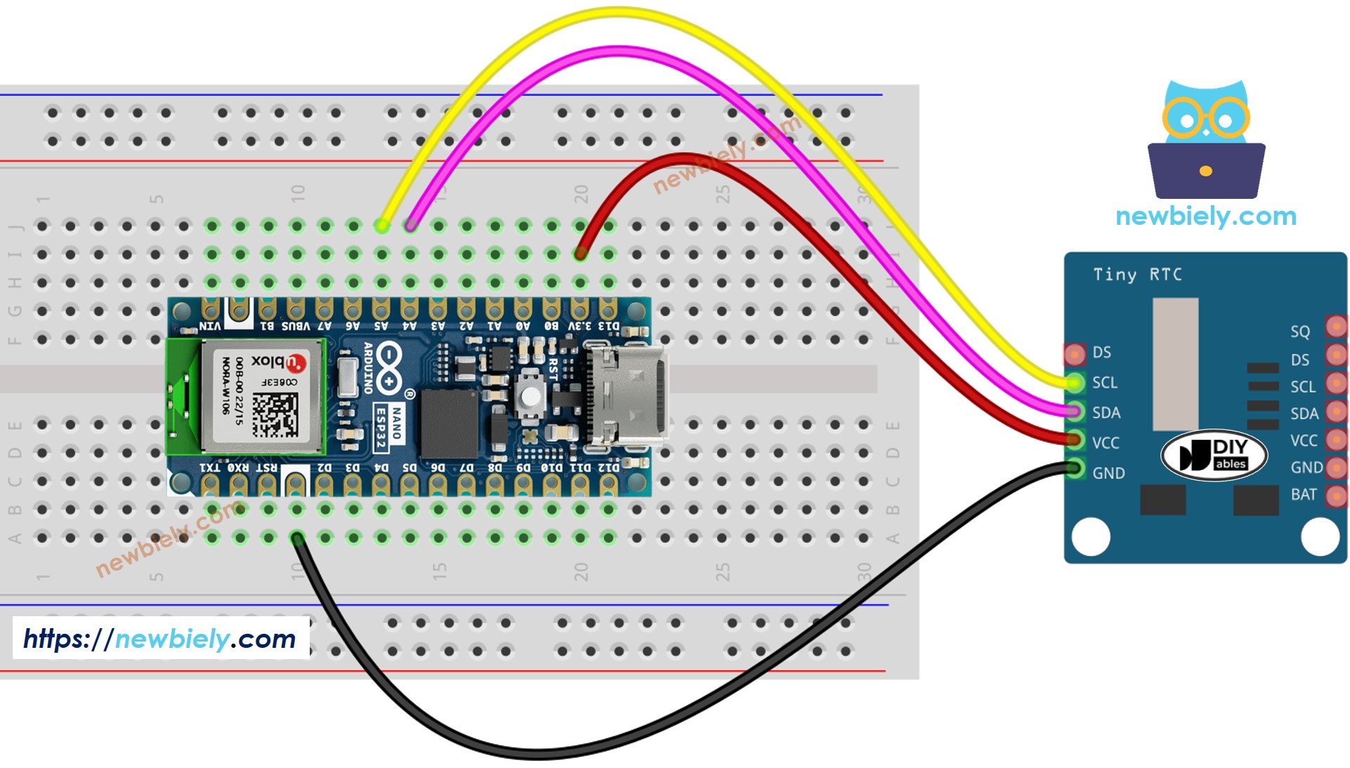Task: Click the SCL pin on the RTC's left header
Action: coord(1075,383)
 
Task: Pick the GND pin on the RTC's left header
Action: coord(1075,468)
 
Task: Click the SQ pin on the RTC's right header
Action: coord(1335,327)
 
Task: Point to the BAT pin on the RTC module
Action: coord(1335,495)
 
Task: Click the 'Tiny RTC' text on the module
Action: coord(1137,275)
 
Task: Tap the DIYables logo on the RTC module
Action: coord(1214,455)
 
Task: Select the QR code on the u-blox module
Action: coord(275,415)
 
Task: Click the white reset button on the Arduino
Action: coord(530,396)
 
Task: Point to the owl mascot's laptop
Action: coord(1206,171)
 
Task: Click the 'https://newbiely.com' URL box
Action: coord(160,638)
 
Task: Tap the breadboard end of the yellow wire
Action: coord(381,226)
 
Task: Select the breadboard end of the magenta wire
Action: coord(410,226)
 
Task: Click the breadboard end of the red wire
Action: coord(580,254)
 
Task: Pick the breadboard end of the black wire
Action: coord(297,539)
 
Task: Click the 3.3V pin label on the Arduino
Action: coord(579,326)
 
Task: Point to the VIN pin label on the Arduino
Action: coord(210,326)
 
